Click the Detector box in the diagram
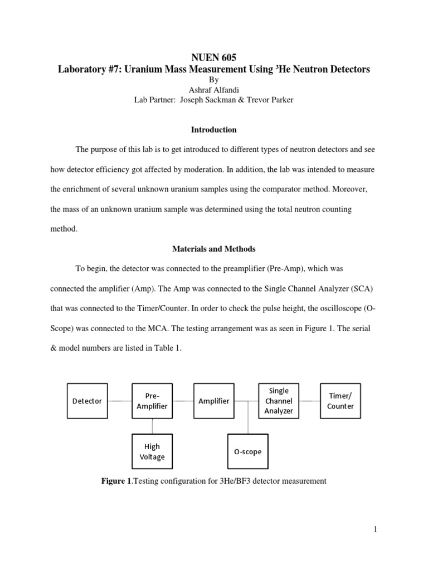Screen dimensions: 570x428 (x=87, y=401)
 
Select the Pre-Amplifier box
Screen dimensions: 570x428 (x=152, y=401)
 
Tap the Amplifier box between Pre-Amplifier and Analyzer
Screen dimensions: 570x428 (x=213, y=401)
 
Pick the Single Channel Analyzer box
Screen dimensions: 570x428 (x=278, y=401)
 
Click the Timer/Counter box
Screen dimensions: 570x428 (x=340, y=401)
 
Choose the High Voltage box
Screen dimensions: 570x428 (x=152, y=451)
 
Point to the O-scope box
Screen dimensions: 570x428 (x=247, y=451)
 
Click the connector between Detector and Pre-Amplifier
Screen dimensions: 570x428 (x=119, y=401)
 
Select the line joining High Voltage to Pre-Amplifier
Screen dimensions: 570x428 (x=152, y=426)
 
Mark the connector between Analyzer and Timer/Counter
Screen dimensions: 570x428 (x=309, y=401)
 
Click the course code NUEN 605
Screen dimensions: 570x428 (x=214, y=57)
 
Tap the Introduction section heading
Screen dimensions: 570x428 (x=214, y=130)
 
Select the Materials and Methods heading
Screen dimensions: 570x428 (x=214, y=249)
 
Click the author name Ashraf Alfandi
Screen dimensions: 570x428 (x=214, y=90)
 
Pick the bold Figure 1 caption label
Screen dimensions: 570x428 (x=114, y=481)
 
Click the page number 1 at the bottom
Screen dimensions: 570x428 (x=376, y=529)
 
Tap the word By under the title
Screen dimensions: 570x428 (x=214, y=80)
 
